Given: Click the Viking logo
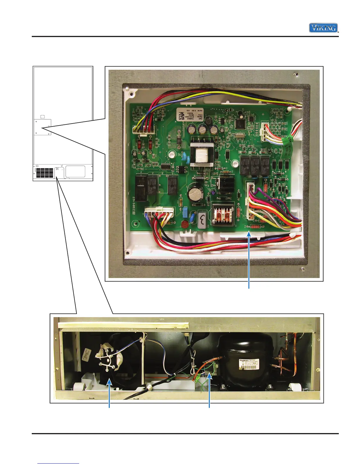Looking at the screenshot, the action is click(x=323, y=28).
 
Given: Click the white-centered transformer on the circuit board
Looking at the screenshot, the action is click(x=201, y=154).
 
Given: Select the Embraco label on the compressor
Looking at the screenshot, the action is click(x=249, y=364).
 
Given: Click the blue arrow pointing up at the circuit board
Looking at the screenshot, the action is click(x=249, y=259).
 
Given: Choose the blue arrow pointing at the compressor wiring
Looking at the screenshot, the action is click(x=209, y=388).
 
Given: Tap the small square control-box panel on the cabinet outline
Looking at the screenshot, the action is click(x=42, y=127).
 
